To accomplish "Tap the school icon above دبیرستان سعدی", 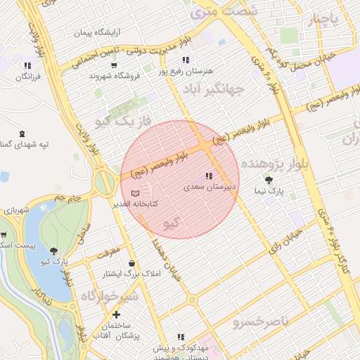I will (208, 176).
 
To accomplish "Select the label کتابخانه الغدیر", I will (144, 203).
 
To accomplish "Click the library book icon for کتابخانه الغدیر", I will (135, 193).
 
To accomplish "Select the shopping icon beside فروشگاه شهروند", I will (93, 64).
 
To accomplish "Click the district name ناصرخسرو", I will (261, 321).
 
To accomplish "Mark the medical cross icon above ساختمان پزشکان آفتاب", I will (116, 314).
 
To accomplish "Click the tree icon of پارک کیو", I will (54, 250).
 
